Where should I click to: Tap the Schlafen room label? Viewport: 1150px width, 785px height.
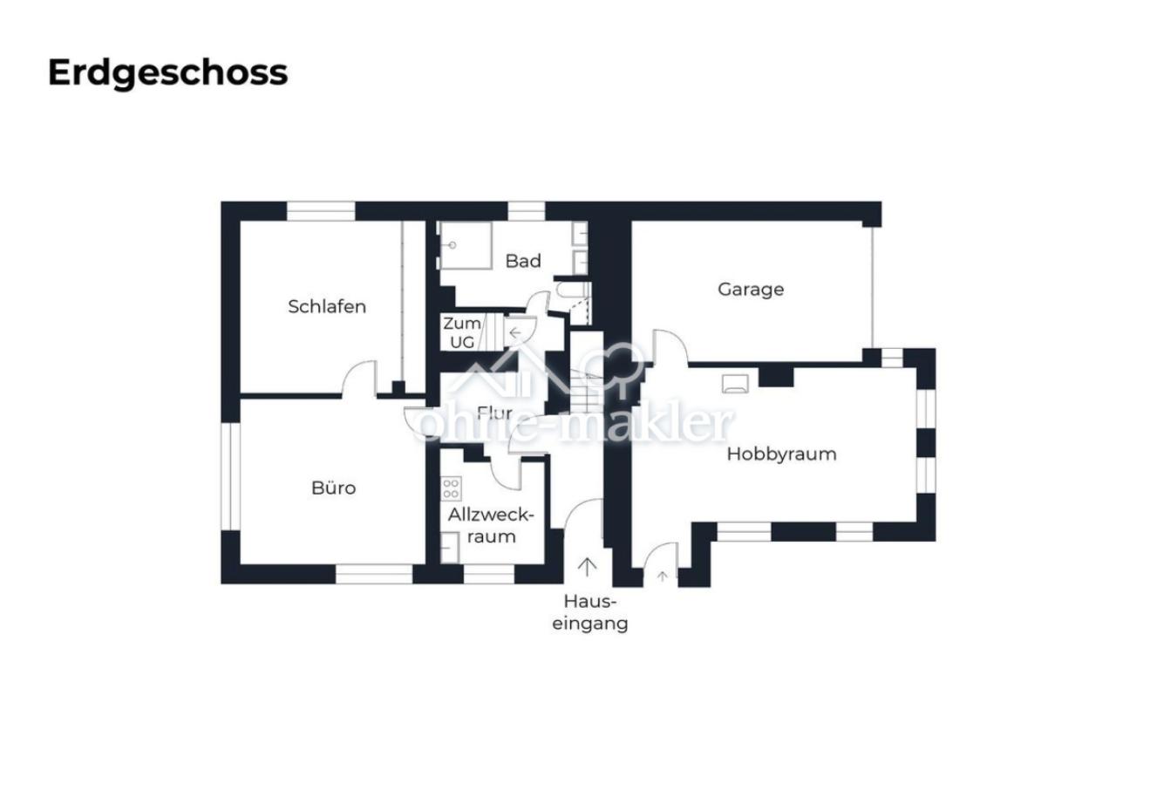[327, 307]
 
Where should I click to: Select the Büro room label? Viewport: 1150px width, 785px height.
[333, 488]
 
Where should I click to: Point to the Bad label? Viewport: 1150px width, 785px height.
[522, 261]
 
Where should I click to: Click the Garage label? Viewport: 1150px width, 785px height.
[751, 290]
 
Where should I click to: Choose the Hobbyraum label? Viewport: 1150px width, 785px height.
[781, 454]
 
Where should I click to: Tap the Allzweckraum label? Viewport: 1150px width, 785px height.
[492, 526]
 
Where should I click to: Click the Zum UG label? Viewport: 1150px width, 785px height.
[461, 332]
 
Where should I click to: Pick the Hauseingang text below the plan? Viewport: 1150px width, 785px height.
[590, 612]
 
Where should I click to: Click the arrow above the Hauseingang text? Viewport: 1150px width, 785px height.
[587, 567]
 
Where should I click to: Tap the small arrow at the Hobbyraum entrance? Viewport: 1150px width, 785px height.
[663, 577]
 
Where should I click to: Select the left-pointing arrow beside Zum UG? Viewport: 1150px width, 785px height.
[515, 333]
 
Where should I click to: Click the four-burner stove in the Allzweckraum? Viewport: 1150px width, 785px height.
[451, 488]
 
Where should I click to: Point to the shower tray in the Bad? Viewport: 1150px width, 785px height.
[465, 246]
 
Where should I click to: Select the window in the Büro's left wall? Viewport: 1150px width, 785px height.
[230, 477]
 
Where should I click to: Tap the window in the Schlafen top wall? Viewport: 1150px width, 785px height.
[320, 211]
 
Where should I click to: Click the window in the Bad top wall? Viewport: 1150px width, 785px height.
[527, 211]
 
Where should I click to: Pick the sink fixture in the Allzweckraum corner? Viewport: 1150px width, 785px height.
[450, 548]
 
